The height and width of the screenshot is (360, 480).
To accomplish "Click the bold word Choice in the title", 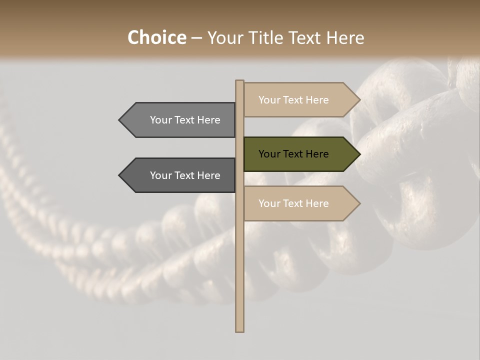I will point(156,37).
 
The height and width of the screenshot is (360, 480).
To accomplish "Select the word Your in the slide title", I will point(224,37).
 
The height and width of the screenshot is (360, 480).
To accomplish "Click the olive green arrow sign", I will point(295,154).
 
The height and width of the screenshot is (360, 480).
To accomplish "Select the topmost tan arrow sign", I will point(295,100).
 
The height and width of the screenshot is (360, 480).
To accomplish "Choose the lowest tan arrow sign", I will point(295,203).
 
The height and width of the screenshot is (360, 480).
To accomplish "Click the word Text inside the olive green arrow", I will point(293,154).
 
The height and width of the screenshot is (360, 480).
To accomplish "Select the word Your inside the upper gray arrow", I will point(161,120).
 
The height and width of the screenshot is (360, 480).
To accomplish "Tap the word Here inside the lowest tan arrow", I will point(317,203).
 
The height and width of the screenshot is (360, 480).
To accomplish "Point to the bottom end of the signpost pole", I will point(239,330).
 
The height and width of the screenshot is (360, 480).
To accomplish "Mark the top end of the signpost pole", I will point(239,81).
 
